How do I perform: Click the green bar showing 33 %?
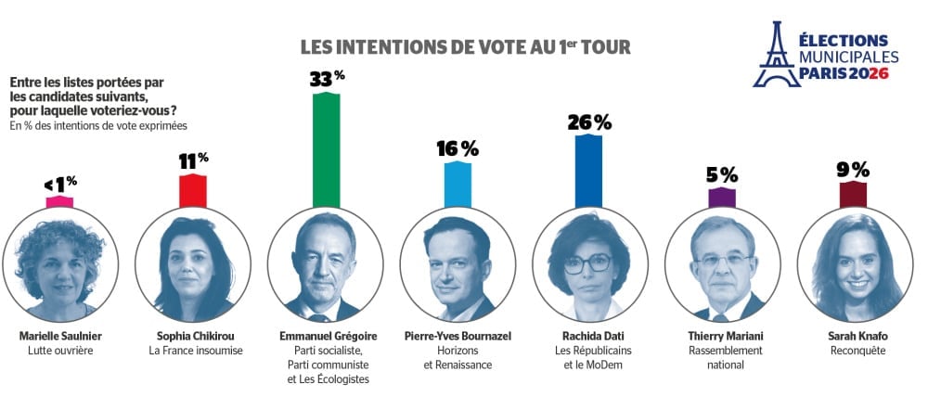tap(325, 148)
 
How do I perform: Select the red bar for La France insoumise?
tap(193, 190)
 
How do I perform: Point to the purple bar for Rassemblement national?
tap(721, 196)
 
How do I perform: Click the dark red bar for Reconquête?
tap(852, 193)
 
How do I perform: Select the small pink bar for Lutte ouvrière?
tap(59, 201)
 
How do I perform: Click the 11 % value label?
tap(193, 161)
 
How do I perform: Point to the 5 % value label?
tap(721, 174)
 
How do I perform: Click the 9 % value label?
tap(852, 169)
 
